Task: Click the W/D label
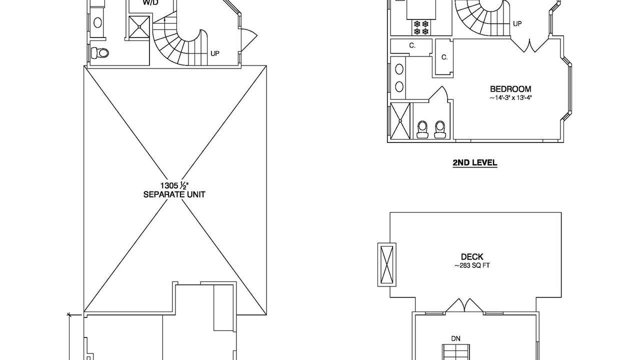coord(150,2)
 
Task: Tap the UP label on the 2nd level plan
coord(517,23)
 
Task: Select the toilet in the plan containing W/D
coord(99,53)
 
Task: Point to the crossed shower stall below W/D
coord(139,27)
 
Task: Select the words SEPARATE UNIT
coord(174,194)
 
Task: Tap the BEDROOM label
coord(510,89)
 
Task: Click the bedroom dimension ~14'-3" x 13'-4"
coord(510,97)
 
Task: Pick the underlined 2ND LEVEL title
coord(475,163)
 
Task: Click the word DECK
coord(472,257)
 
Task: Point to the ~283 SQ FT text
coord(472,265)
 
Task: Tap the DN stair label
coord(455,338)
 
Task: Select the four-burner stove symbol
coord(421,27)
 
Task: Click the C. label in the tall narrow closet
coord(444,57)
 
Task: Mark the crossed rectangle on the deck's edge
coord(387,264)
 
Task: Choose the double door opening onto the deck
coord(464,305)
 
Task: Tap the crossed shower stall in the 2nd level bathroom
coord(400,121)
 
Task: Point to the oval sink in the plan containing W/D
coord(97,22)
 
